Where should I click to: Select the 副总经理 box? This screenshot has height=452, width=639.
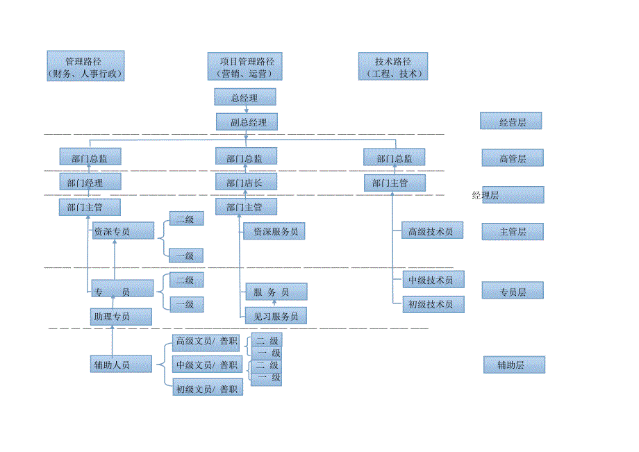246,122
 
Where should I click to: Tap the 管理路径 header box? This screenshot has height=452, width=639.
85,66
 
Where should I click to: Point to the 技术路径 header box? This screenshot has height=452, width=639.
394,67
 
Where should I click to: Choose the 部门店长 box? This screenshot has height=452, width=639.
246,183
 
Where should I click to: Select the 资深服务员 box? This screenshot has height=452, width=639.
274,231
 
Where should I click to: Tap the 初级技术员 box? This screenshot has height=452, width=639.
433,304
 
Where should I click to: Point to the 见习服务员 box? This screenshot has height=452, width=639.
276,316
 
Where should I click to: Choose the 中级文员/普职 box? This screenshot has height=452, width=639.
206,365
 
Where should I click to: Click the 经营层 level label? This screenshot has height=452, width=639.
511,122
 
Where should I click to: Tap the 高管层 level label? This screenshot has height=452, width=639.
513,158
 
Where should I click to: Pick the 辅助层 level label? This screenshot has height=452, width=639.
514,365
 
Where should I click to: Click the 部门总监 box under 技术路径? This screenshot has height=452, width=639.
394,158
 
